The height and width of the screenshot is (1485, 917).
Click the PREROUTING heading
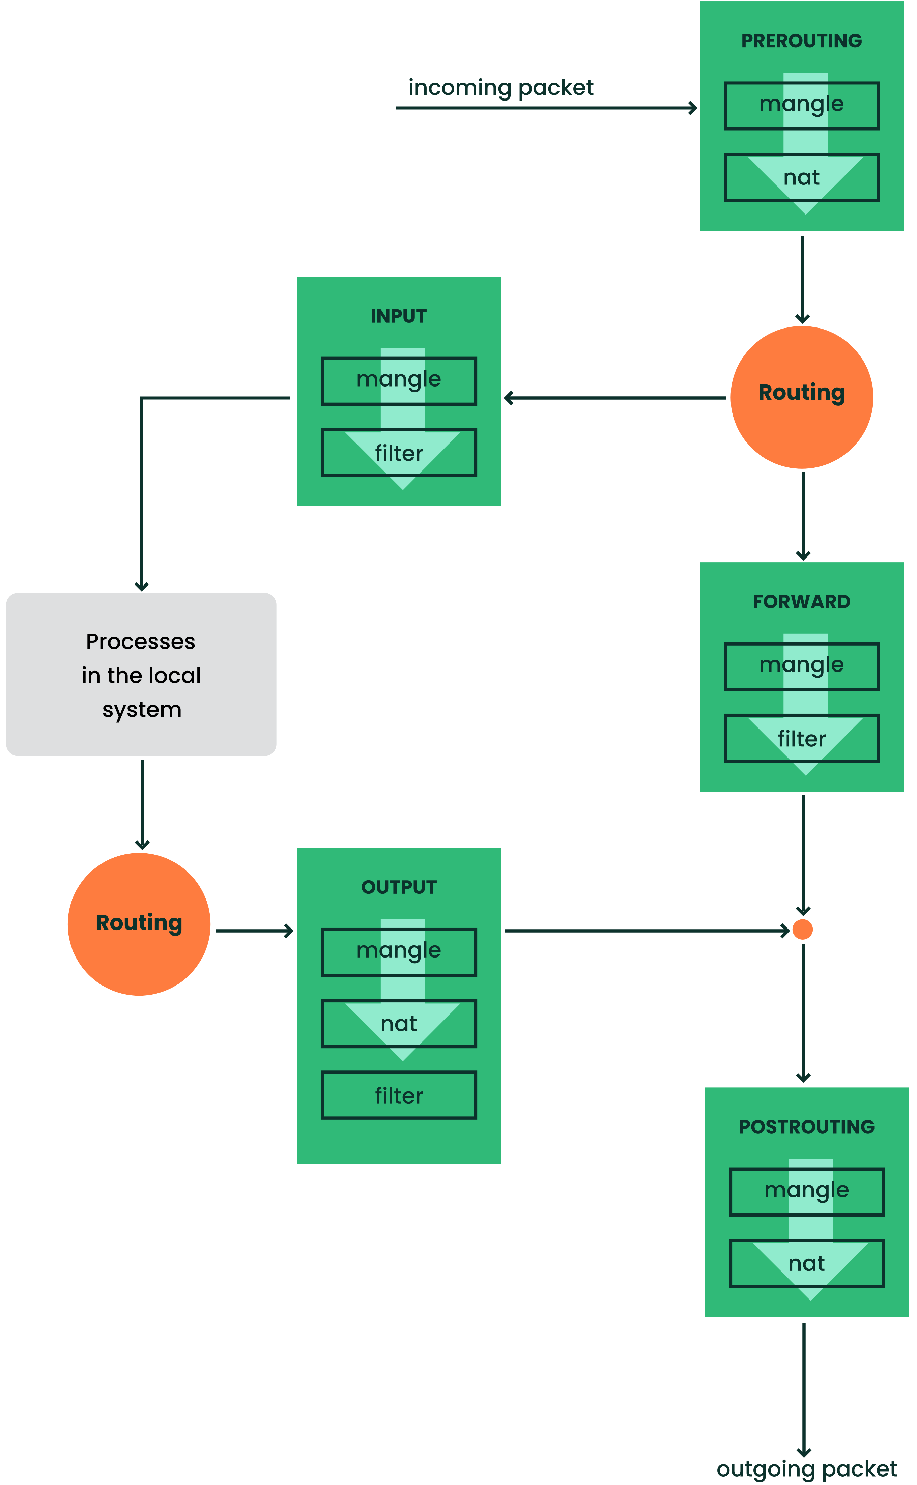[x=801, y=40]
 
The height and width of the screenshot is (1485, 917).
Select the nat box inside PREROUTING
[x=801, y=177]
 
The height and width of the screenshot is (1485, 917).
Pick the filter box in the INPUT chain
[x=398, y=453]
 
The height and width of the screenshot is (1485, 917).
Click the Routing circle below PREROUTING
[x=801, y=397]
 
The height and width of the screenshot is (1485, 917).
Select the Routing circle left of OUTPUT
[x=139, y=923]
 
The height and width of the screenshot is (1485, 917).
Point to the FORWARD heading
[x=801, y=601]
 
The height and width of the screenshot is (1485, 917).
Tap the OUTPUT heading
[x=398, y=887]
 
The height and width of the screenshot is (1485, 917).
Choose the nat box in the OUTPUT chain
[x=398, y=1024]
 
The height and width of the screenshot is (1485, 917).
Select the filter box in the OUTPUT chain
[x=398, y=1095]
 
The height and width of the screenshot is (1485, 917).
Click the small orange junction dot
[x=802, y=930]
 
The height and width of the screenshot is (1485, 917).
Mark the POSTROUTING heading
[x=806, y=1126]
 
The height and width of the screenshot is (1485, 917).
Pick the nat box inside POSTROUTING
[x=806, y=1263]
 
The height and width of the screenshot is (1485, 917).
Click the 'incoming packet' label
[x=500, y=88]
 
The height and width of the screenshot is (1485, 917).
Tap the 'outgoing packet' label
[x=806, y=1468]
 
